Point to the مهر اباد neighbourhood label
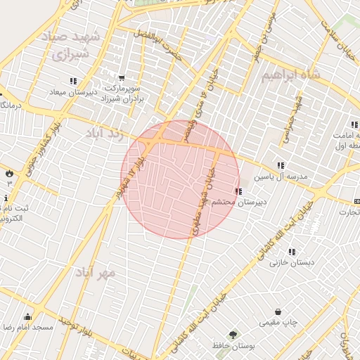pos(96,271)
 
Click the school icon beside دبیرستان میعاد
pos(74,81)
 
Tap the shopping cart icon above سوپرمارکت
pos(122,78)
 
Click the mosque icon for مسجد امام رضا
pos(27,316)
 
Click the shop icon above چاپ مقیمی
pos(278,311)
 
